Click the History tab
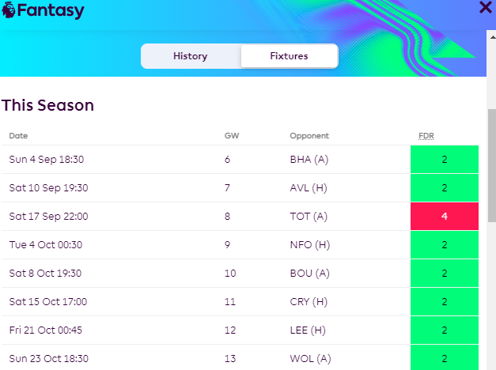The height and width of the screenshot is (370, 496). (190, 56)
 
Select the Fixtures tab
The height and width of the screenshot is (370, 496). (289, 56)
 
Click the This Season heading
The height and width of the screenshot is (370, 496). (47, 105)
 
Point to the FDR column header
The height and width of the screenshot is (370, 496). (426, 136)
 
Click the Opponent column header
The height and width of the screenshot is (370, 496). (309, 136)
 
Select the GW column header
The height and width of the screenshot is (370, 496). (231, 136)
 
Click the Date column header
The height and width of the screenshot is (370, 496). (18, 136)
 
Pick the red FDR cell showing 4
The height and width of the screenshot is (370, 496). (445, 217)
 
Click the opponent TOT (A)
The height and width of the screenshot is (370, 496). (309, 217)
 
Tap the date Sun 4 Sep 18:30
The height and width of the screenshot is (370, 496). (47, 160)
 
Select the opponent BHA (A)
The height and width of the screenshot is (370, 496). (309, 160)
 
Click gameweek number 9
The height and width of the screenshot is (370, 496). (228, 245)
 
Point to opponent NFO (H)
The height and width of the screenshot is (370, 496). (309, 245)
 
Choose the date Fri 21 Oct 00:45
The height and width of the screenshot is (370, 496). (46, 330)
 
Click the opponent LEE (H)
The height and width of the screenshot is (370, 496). (308, 330)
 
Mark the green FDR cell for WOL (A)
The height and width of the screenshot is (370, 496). (445, 358)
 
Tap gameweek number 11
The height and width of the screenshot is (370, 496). (229, 302)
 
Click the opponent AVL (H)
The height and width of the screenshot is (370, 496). (309, 188)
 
